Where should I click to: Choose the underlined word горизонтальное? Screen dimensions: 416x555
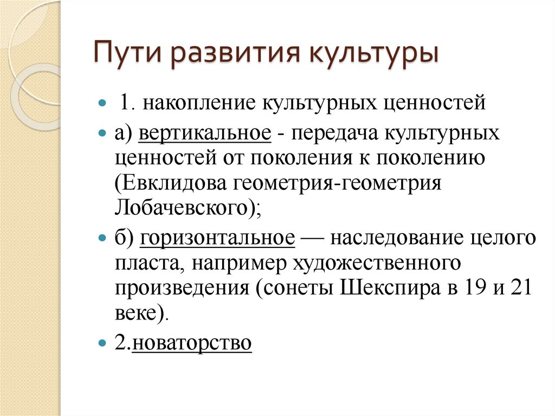coord(218,238)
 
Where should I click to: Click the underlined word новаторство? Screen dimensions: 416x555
coord(192,343)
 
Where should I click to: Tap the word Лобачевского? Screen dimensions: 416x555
coord(179,209)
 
